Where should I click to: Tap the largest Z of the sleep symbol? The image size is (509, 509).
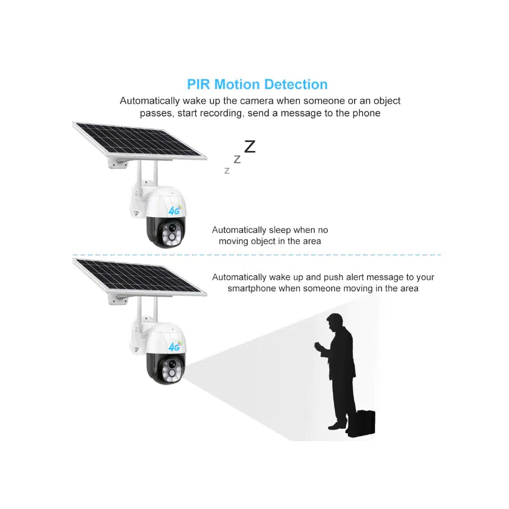[x=250, y=146]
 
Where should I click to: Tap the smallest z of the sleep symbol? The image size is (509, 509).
[x=227, y=171]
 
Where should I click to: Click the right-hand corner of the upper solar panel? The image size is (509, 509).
[x=207, y=158]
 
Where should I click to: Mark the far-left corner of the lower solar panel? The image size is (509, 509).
[x=73, y=259]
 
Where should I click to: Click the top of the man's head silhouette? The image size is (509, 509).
[x=334, y=314]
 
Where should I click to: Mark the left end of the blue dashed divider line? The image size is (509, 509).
[x=73, y=255]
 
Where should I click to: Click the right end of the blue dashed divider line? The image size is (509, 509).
[x=442, y=255]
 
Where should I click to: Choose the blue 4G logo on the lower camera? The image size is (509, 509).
[x=175, y=347]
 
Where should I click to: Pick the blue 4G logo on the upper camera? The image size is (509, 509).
[x=175, y=210]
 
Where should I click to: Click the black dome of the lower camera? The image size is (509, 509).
[x=166, y=368]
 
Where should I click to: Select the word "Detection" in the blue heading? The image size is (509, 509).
[x=296, y=84]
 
